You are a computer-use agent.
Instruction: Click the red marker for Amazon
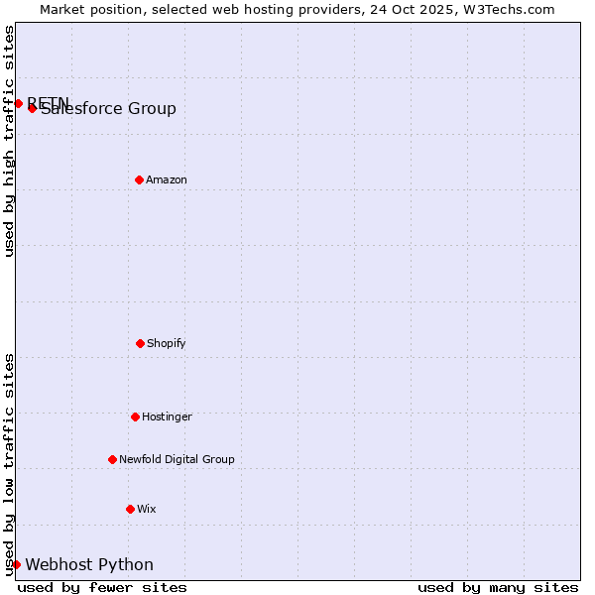click(140, 179)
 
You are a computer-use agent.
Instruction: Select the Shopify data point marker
click(141, 343)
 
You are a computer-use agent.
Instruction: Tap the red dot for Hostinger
click(136, 416)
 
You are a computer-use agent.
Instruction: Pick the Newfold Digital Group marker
click(113, 459)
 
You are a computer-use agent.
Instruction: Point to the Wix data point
click(130, 509)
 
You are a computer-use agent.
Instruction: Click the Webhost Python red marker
click(17, 564)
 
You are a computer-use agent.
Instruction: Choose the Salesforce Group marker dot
click(33, 108)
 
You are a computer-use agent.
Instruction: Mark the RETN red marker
click(19, 103)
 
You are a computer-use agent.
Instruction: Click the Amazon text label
click(167, 179)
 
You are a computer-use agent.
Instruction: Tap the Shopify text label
click(167, 343)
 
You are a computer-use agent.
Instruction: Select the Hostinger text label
click(167, 416)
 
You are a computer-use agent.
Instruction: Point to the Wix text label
click(147, 509)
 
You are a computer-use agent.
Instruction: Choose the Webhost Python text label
click(89, 564)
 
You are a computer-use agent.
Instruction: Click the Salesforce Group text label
click(109, 109)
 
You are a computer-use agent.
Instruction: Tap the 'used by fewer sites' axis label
click(102, 587)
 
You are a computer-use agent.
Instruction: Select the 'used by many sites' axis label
click(498, 587)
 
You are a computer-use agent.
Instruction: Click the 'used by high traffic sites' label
click(9, 141)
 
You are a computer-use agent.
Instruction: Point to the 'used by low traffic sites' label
click(9, 464)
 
